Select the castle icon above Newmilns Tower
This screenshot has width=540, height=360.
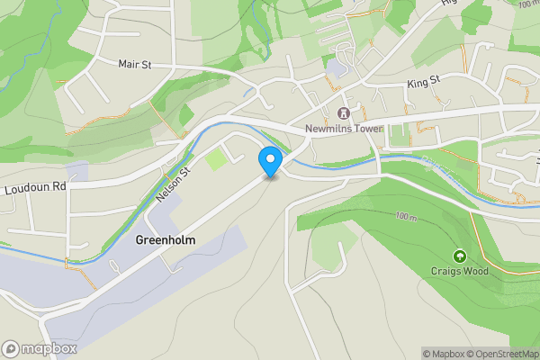pyautogui.click(x=342, y=113)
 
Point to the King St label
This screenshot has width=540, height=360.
pyautogui.click(x=422, y=82)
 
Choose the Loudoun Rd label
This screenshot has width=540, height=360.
pyautogui.click(x=35, y=188)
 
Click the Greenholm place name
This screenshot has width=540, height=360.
pyautogui.click(x=165, y=240)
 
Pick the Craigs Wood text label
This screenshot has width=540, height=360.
pyautogui.click(x=460, y=271)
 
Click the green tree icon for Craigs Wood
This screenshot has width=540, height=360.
pyautogui.click(x=460, y=256)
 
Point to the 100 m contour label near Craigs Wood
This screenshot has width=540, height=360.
pyautogui.click(x=407, y=217)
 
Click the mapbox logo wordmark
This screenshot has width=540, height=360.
pyautogui.click(x=50, y=348)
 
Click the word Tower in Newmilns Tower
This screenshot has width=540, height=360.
pyautogui.click(x=365, y=129)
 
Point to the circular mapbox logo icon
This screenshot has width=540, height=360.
pyautogui.click(x=12, y=348)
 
